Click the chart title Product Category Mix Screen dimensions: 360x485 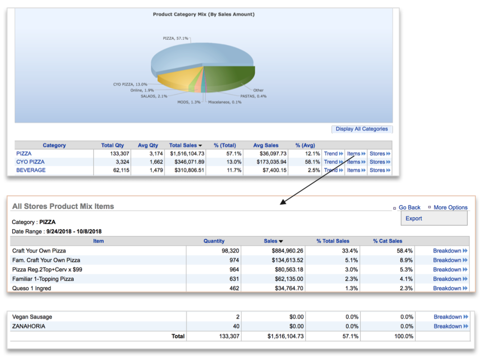(204, 15)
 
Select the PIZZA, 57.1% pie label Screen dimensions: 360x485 (175, 38)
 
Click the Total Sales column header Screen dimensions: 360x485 (183, 145)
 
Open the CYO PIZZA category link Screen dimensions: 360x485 (30, 162)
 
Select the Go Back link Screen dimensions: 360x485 (409, 207)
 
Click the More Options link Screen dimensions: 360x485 (451, 207)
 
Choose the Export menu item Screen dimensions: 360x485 (414, 219)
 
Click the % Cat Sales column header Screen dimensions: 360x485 (388, 241)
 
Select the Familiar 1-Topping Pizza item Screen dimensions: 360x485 (43, 279)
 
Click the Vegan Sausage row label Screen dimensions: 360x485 (32, 317)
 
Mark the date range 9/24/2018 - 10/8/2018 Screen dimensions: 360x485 (74, 232)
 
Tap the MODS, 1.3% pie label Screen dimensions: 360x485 (189, 102)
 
